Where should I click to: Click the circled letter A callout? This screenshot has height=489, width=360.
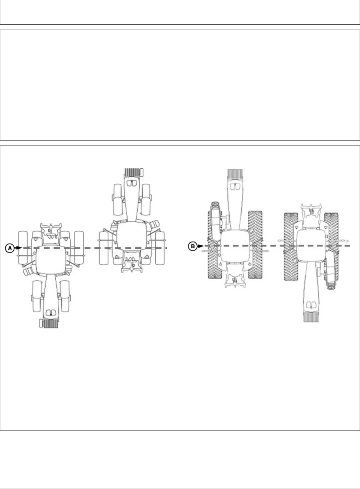tap(10, 248)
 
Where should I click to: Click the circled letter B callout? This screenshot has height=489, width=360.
tap(193, 246)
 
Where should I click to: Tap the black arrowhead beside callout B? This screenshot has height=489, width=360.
tap(201, 246)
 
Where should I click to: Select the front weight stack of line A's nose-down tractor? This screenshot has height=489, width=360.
tap(51, 323)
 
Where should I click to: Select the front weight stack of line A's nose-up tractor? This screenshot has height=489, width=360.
tap(132, 173)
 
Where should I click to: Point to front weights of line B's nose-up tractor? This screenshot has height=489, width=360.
tap(235, 174)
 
